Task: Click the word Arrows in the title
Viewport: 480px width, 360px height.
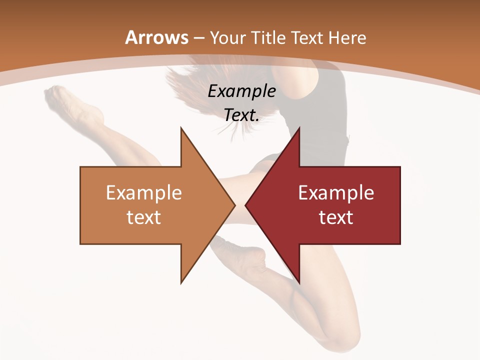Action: (157, 37)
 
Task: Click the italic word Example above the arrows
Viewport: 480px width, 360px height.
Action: (242, 91)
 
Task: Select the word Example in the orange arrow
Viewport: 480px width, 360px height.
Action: (144, 193)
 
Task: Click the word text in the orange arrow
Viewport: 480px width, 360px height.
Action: (144, 217)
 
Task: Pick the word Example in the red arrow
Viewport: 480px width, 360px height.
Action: (336, 193)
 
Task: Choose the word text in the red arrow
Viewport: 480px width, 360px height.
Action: (336, 217)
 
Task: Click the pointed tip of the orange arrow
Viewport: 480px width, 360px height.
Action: (234, 205)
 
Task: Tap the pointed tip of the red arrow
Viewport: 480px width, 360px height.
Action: (246, 205)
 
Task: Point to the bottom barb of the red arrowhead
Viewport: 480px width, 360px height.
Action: (299, 282)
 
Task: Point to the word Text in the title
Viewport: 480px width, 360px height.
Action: (307, 37)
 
